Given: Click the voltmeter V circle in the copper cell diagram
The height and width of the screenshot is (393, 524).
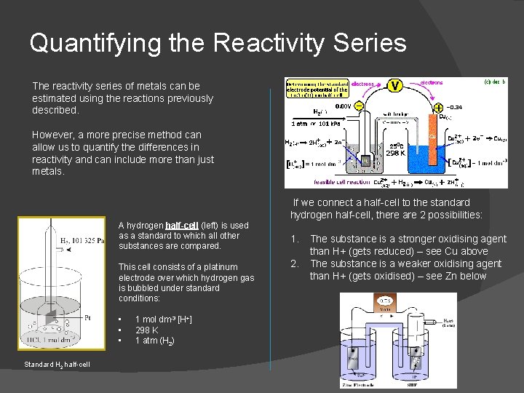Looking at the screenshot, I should (x=394, y=86).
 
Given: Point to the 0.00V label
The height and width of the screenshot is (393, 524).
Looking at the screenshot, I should (x=343, y=106).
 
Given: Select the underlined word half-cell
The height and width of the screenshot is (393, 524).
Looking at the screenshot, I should (x=182, y=226).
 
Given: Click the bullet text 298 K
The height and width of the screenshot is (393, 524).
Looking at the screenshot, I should (x=147, y=330).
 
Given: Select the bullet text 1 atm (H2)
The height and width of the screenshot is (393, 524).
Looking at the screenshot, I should (x=154, y=341).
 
